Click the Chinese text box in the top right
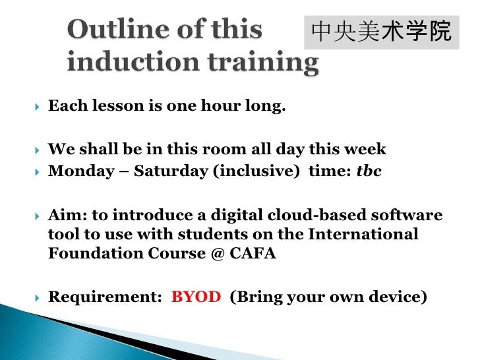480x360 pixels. [381, 32]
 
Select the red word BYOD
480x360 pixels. [196, 297]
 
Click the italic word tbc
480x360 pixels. [369, 171]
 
